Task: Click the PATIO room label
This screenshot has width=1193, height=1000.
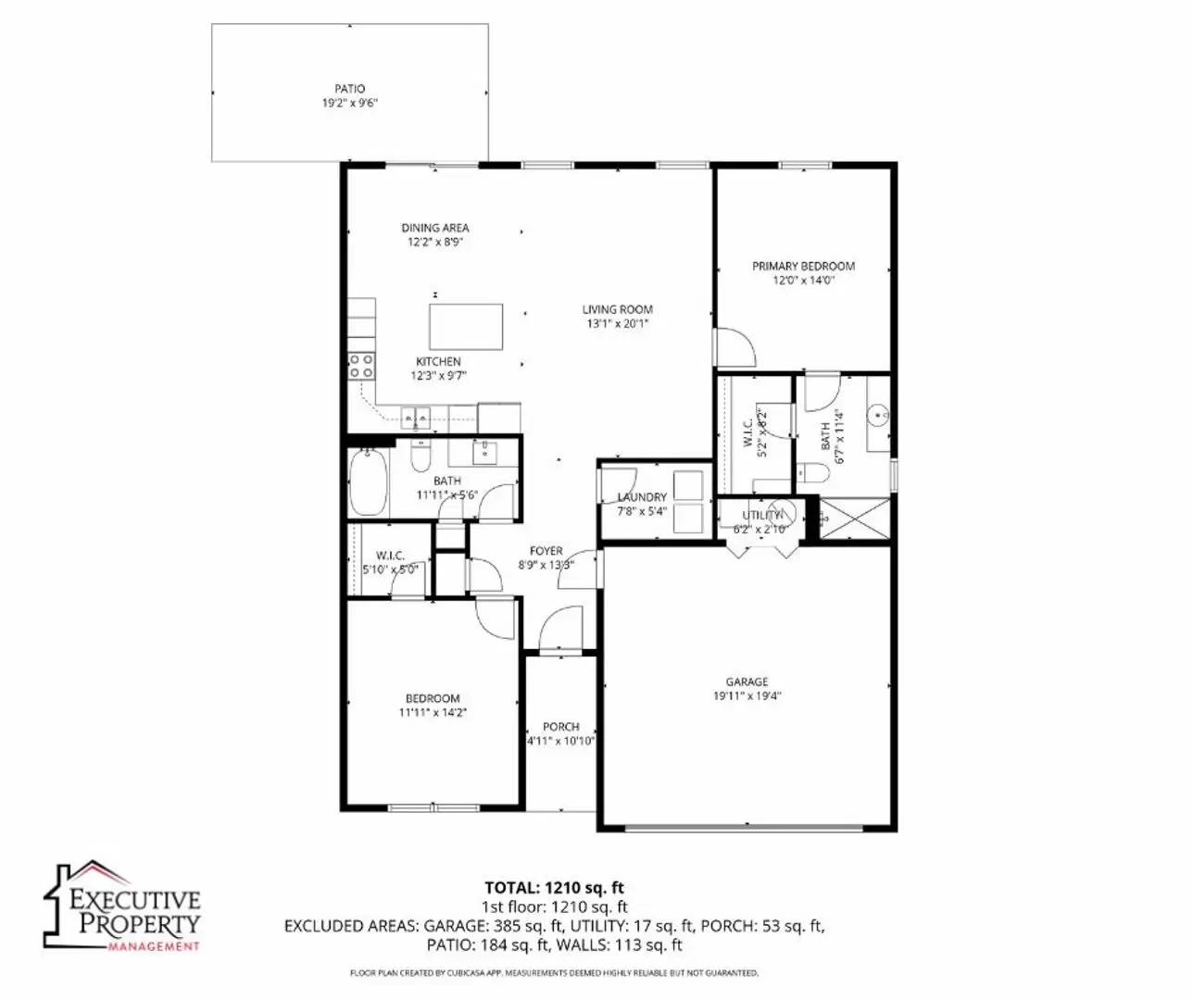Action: coord(350,89)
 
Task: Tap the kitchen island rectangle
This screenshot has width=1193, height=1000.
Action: coord(467,326)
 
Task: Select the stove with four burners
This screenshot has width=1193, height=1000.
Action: coord(362,366)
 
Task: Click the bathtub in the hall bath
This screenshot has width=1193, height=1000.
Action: coord(368,481)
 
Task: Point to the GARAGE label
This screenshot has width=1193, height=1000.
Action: coord(747,681)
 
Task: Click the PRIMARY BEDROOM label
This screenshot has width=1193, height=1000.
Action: coord(803,266)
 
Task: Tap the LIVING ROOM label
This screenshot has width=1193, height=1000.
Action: coord(618,309)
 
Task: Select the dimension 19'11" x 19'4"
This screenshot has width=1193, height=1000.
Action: coord(747,695)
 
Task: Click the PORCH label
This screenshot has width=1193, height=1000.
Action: coord(561,727)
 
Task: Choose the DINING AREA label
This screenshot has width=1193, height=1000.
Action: coord(435,228)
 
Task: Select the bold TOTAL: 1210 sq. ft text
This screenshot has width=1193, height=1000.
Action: coord(554,888)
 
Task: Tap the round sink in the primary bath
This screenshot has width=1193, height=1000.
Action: coord(879,416)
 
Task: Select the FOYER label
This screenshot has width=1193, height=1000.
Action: coord(546,551)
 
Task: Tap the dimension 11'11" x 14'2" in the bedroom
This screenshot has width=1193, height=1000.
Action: coord(433,713)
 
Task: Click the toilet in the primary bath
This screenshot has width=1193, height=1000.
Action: coord(812,472)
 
